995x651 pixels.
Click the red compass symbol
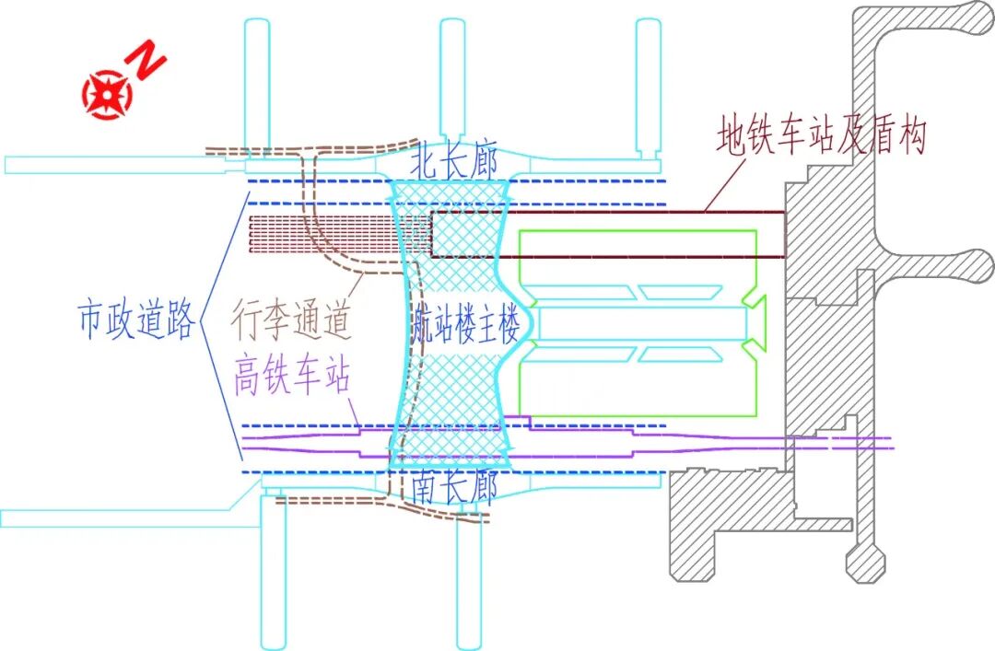[108, 93]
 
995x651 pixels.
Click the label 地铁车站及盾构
[821, 137]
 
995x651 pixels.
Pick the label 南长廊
[455, 486]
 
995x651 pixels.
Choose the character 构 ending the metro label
[908, 137]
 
